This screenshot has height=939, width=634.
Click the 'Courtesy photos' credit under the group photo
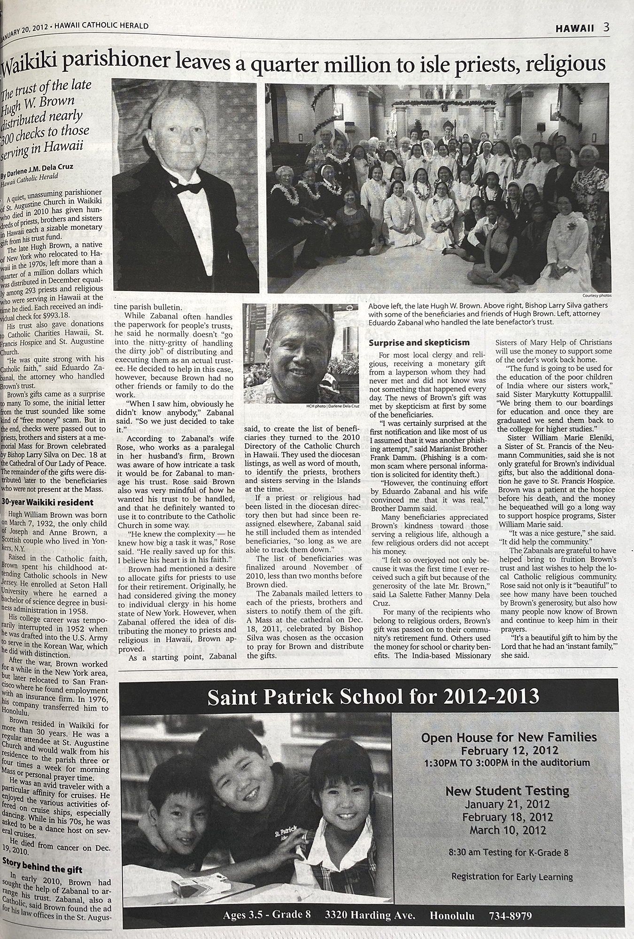point(597,296)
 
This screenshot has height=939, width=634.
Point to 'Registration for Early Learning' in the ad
point(511,877)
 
